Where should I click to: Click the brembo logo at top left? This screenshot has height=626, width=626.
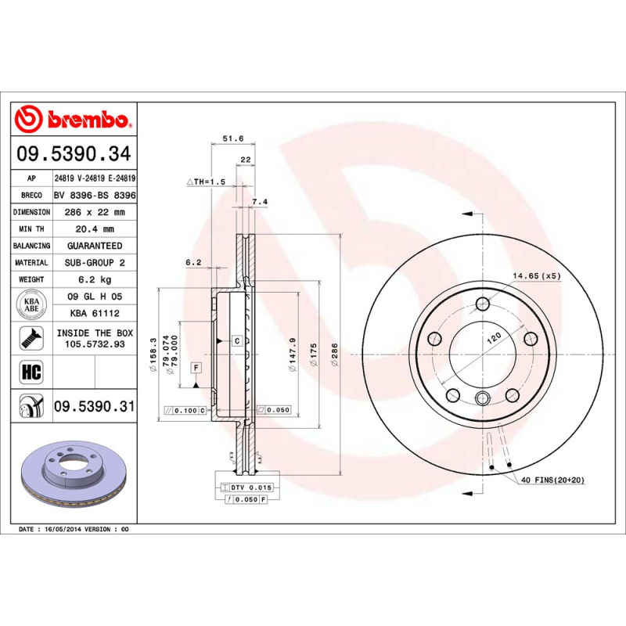tap(75, 119)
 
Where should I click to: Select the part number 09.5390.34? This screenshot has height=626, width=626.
tap(75, 155)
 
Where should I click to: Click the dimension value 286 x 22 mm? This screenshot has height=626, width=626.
tap(93, 212)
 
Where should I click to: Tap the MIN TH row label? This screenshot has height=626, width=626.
tap(32, 229)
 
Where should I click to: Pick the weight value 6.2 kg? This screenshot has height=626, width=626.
tap(93, 279)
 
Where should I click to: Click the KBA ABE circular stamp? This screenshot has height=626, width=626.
tap(32, 303)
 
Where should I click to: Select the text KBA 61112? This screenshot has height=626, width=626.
tap(93, 312)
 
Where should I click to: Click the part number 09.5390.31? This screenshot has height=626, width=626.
tap(94, 407)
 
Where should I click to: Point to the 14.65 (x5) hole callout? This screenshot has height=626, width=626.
tap(537, 276)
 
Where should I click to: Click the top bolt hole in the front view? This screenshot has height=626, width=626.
tap(483, 304)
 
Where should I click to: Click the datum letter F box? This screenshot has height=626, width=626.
tap(196, 367)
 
